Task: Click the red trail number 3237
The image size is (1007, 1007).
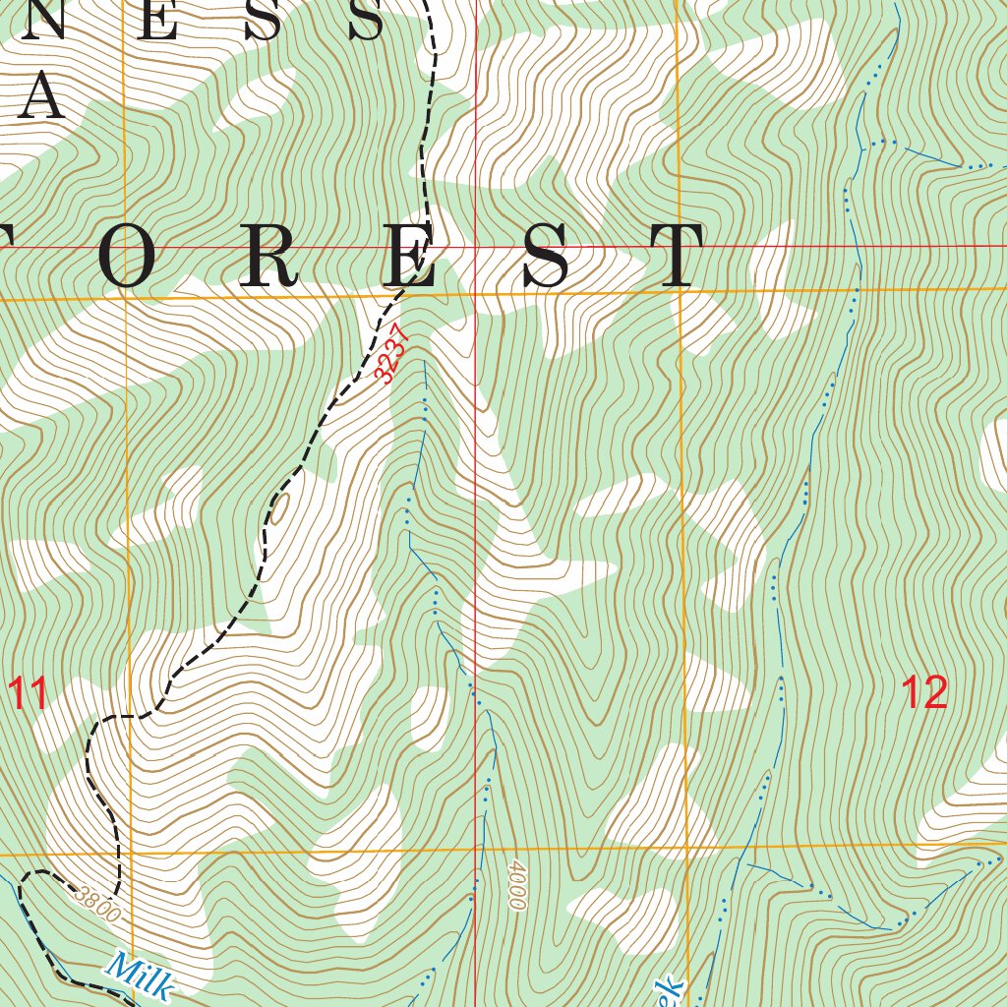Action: pos(389,352)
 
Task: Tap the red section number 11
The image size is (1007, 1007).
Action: pos(29,694)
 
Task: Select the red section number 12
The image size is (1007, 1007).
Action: pos(924,693)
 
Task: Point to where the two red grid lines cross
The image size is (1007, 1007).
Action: pos(474,246)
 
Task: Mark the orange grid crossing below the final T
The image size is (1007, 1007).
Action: pos(680,291)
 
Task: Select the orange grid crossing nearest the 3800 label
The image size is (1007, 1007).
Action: pos(129,856)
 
